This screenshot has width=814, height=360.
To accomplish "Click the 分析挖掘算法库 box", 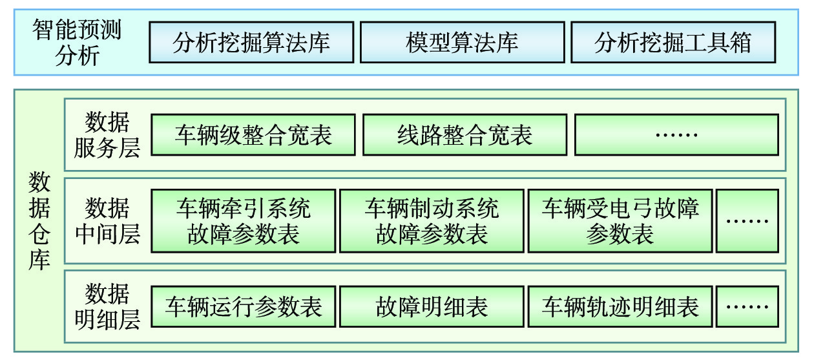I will [x=251, y=43].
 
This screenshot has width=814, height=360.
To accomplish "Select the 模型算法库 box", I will [x=462, y=43].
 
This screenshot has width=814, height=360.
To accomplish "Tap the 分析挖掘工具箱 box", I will [x=673, y=43].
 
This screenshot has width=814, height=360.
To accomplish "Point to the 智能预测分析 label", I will [x=77, y=43].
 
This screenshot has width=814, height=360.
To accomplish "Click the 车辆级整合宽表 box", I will [x=253, y=135].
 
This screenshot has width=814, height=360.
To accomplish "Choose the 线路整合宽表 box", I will [x=464, y=135].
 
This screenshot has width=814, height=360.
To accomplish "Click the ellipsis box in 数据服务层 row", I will [x=676, y=135].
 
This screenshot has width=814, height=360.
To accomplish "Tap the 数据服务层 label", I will [x=107, y=135].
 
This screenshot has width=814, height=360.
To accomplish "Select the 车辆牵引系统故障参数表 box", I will [x=244, y=220].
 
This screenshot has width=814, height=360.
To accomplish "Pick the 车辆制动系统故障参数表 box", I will [x=432, y=220].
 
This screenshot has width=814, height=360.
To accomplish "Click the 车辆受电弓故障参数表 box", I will [x=620, y=220].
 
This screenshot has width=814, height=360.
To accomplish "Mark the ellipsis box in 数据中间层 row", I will [x=747, y=220].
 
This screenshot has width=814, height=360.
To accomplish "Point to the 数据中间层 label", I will [x=107, y=220].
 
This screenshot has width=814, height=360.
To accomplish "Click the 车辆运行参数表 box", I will [x=244, y=307].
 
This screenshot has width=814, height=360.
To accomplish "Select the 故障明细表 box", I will [x=432, y=307].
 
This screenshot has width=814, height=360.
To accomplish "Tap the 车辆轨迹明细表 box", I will [x=620, y=307].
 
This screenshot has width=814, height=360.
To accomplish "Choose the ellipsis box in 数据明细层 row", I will [x=747, y=307].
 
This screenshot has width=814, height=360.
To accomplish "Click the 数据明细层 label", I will [x=107, y=307].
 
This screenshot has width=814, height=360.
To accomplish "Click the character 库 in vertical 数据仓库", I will [x=39, y=260].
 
